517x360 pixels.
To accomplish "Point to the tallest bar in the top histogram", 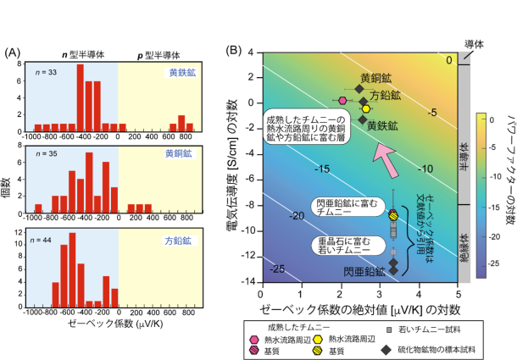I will coord(81,93).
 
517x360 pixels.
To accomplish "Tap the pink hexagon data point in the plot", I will coord(343,99).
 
